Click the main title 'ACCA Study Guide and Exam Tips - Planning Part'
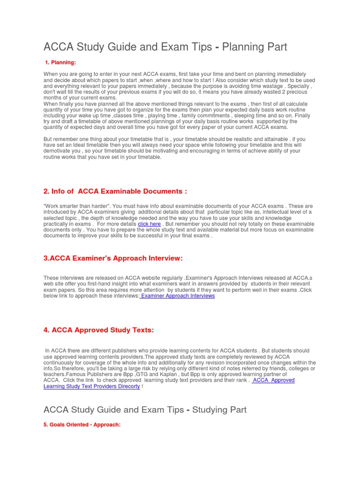coord(165,47)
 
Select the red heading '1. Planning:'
coord(60,63)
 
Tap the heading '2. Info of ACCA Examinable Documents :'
coord(115,191)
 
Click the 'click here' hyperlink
coord(149,224)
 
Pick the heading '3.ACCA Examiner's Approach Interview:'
coord(112,258)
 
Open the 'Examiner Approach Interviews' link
coord(178,296)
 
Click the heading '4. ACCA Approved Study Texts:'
coord(98,330)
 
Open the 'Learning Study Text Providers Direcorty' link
coord(91,386)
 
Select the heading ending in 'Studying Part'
coord(145,410)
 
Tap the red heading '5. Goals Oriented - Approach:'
coord(82,425)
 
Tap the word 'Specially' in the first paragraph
coord(299,86)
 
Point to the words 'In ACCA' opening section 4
coord(56,351)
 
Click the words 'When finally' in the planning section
coord(60,104)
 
